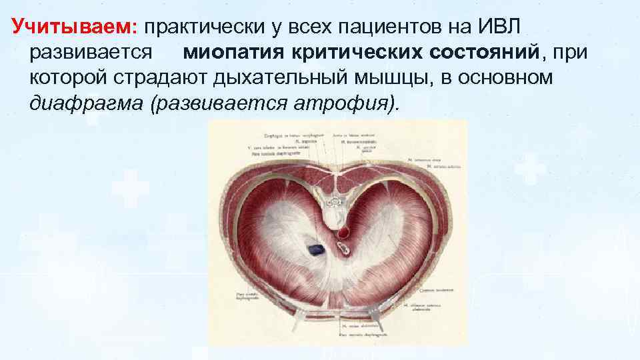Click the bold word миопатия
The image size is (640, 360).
tap(234, 52)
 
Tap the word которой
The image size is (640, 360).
tap(69, 78)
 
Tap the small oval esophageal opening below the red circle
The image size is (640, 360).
tap(345, 249)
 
